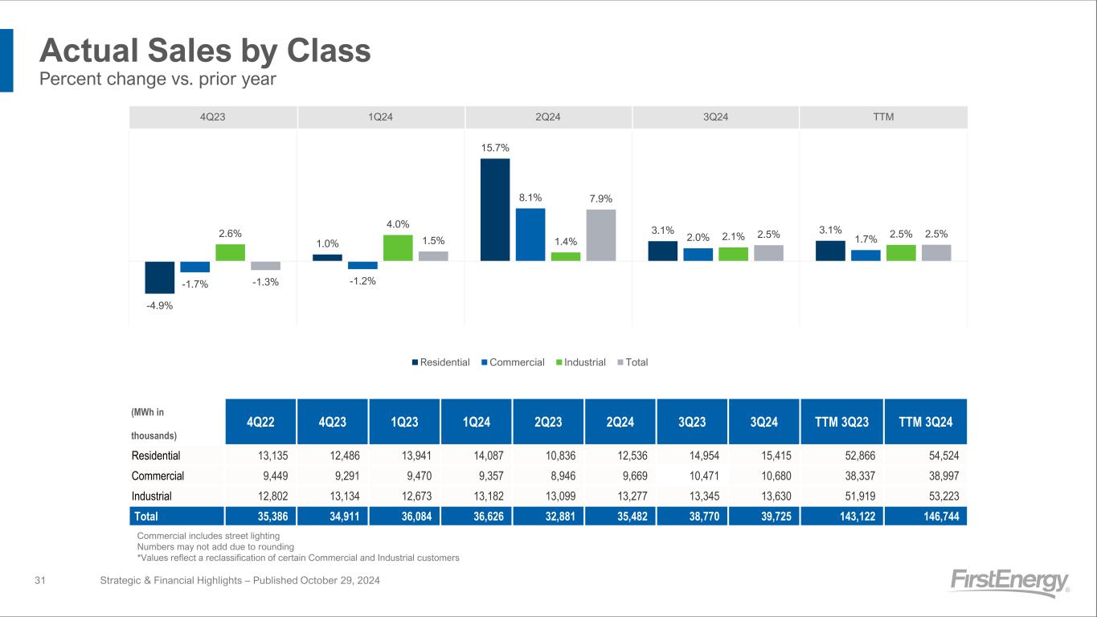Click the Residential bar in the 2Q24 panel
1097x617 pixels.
[x=495, y=210]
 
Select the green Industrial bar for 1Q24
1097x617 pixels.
[x=398, y=247]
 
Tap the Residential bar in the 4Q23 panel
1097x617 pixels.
[x=160, y=277]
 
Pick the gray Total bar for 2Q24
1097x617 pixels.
[x=601, y=235]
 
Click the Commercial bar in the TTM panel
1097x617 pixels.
[x=866, y=255]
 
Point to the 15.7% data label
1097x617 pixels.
[x=495, y=148]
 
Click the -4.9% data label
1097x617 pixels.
[x=160, y=305]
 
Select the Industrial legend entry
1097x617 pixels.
[x=580, y=362]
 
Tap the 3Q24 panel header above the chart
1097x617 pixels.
[x=715, y=117]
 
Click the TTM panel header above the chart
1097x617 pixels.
[x=883, y=117]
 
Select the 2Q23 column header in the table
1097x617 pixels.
[x=549, y=422]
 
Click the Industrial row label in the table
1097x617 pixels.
[x=152, y=496]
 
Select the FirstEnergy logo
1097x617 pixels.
[x=1009, y=582]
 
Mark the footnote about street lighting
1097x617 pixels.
[x=208, y=536]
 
